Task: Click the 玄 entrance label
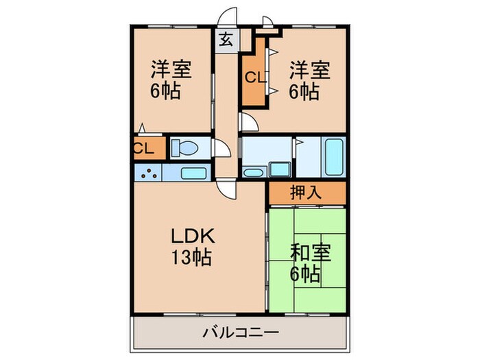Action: (x=226, y=39)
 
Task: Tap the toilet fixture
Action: (x=184, y=147)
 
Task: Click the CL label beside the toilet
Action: (x=143, y=147)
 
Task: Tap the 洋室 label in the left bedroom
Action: (x=171, y=70)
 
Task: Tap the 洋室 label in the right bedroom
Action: (x=309, y=70)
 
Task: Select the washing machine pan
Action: (x=279, y=169)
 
